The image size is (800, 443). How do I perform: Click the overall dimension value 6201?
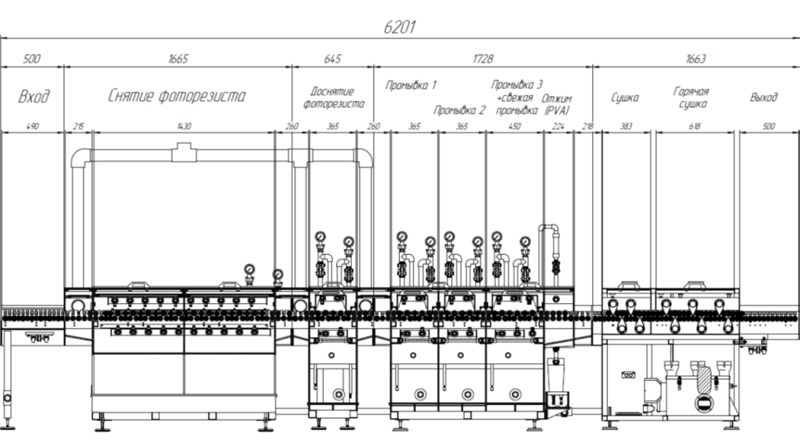tap(399, 27)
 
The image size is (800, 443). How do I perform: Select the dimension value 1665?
tap(178, 58)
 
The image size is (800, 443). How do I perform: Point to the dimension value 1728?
tap(482, 58)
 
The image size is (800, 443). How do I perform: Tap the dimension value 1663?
tap(695, 58)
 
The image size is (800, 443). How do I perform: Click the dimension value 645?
tap(332, 58)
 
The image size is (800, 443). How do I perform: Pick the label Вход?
tap(34, 96)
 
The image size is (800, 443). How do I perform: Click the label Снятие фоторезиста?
tap(177, 96)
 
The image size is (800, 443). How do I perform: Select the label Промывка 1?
tap(410, 85)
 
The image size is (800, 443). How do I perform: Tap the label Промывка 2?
tap(459, 110)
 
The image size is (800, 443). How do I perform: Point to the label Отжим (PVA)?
tap(556, 104)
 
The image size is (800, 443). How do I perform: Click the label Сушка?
tap(625, 98)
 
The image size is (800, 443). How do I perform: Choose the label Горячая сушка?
tap(691, 98)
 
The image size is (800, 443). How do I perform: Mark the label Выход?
tap(764, 98)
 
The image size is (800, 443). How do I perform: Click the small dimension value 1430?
tap(184, 126)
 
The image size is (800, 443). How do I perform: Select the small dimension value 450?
tap(514, 126)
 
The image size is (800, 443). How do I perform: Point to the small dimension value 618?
tap(694, 126)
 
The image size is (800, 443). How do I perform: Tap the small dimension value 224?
tap(558, 126)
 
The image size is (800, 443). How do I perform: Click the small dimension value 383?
tap(626, 126)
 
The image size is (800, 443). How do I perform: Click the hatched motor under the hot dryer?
tap(704, 380)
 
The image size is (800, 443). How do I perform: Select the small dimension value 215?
tap(78, 126)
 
